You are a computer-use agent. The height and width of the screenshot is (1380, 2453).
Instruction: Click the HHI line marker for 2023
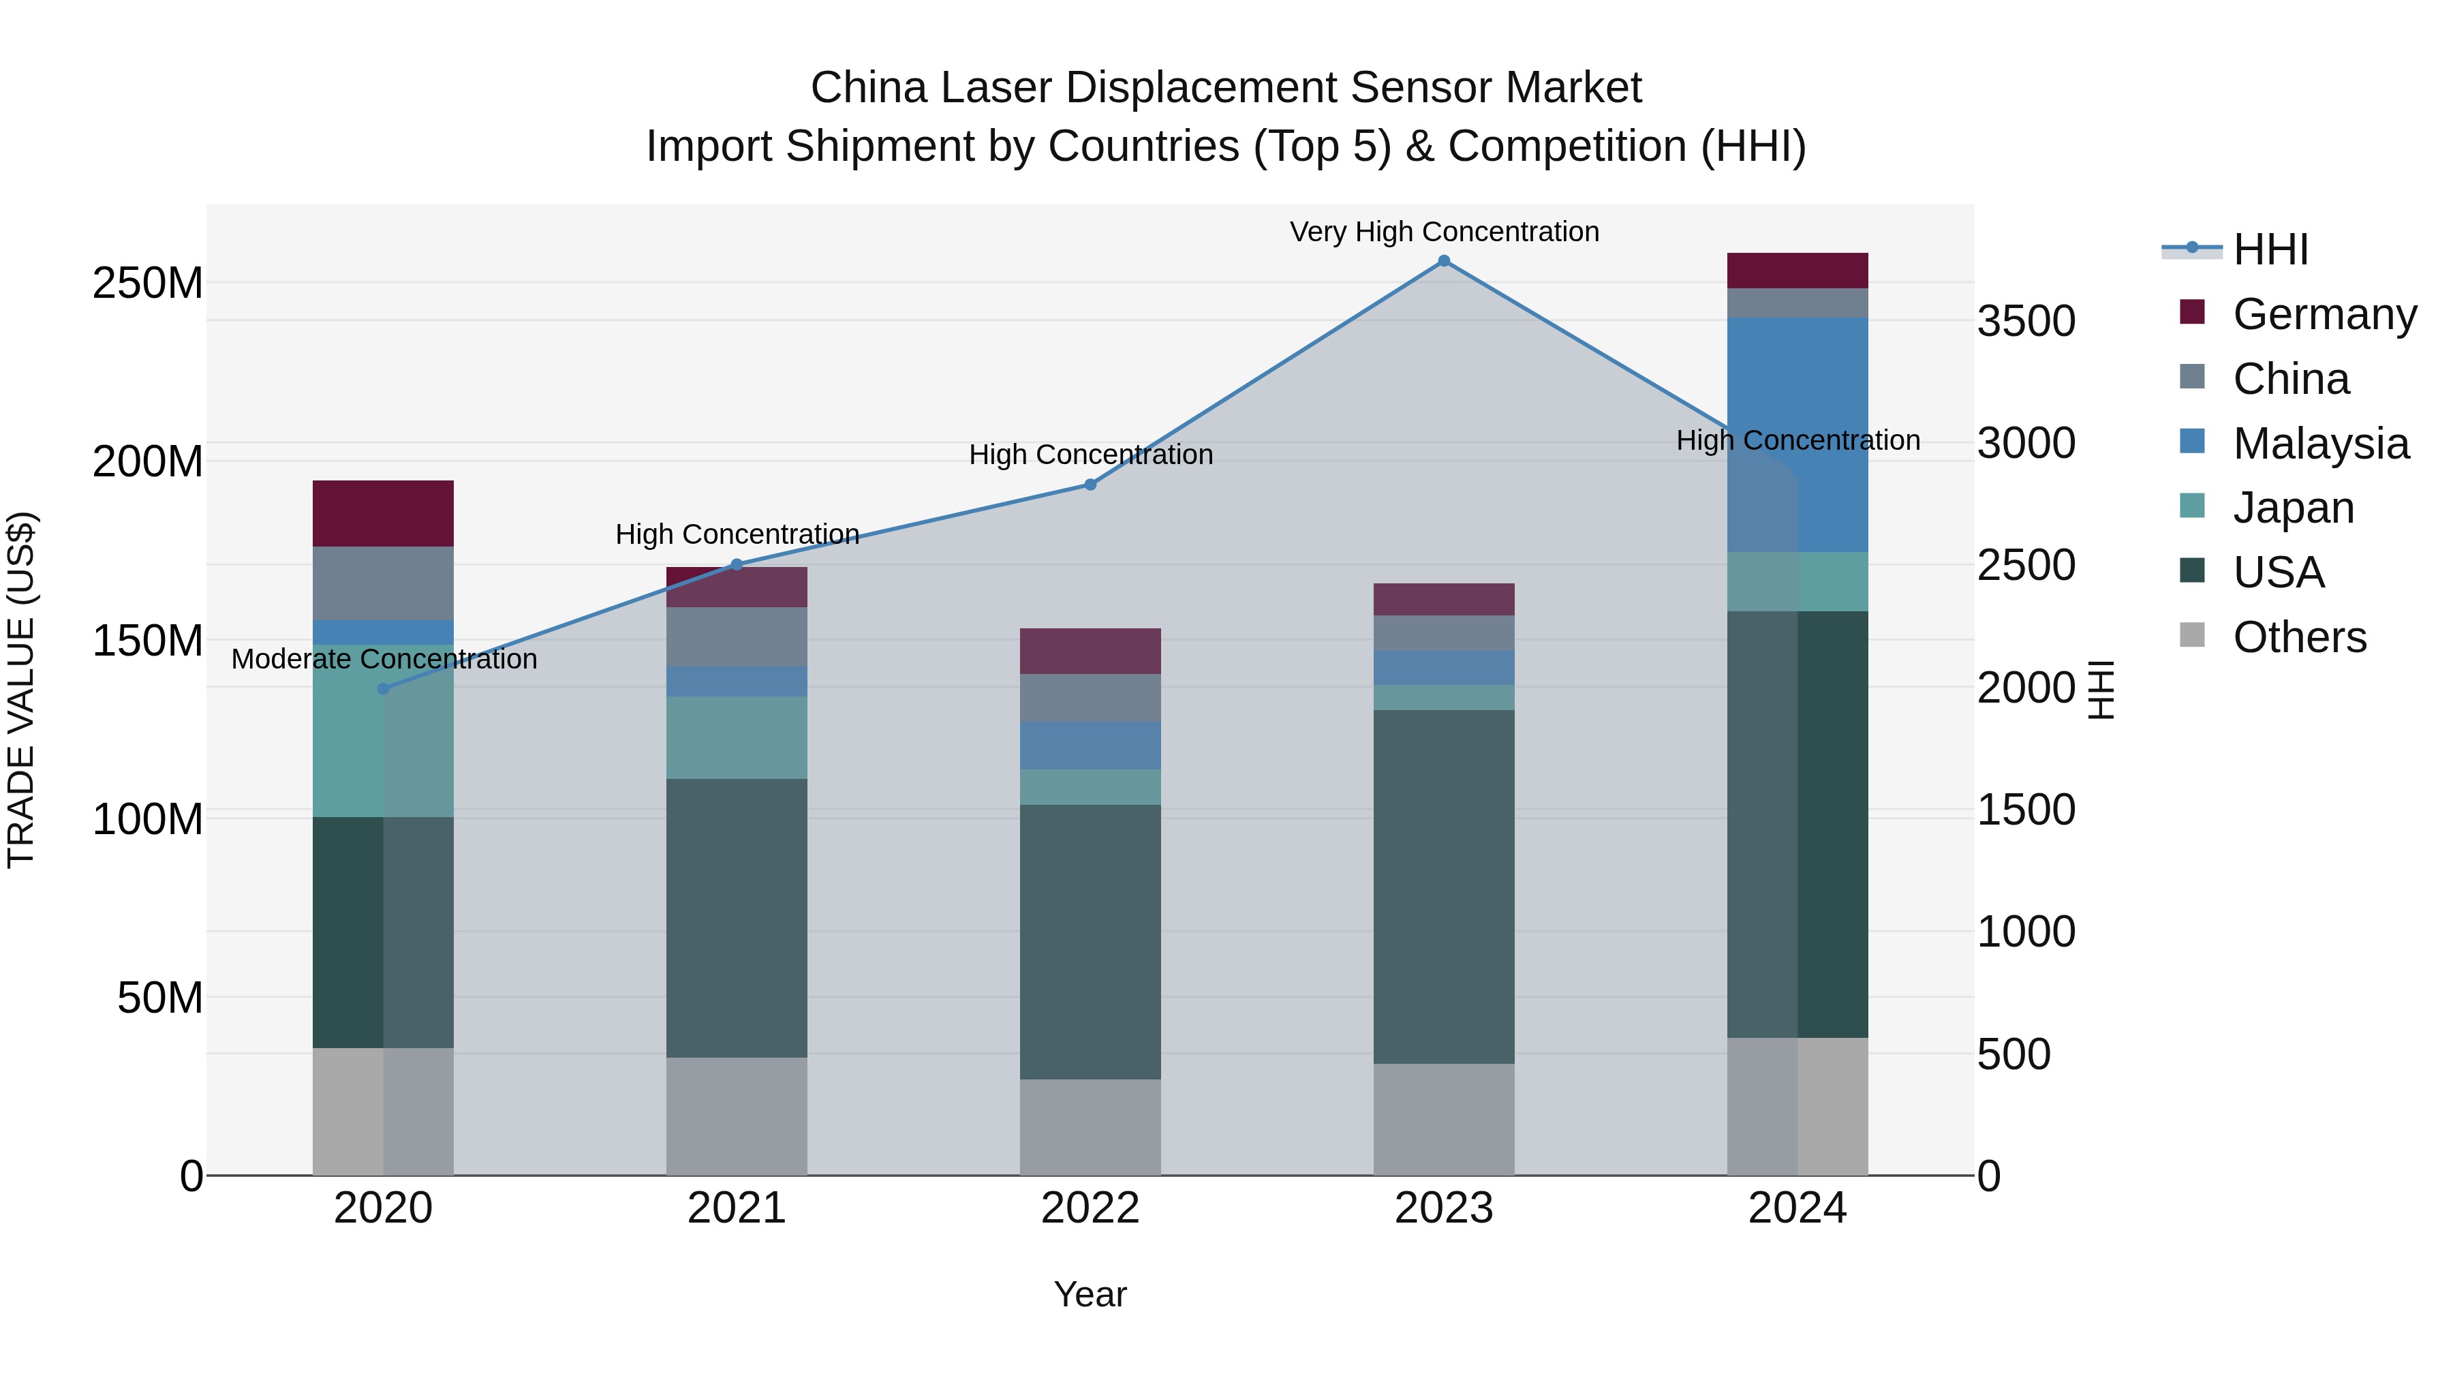(1444, 261)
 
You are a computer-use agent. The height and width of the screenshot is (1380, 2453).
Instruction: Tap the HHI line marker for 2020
(383, 688)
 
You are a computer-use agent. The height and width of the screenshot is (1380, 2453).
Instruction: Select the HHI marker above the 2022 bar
(1090, 485)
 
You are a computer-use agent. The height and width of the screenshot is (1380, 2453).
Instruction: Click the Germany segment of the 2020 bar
(383, 513)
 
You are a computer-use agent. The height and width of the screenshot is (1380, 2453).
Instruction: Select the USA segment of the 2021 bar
(736, 918)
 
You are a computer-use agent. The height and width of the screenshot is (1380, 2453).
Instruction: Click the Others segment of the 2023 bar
(1444, 1119)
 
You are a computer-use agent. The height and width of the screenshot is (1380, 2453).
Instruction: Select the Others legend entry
(2299, 637)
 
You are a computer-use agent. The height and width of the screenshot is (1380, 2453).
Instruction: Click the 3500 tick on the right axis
(2026, 321)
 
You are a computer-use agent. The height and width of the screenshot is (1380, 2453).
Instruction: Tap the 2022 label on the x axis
(1090, 1208)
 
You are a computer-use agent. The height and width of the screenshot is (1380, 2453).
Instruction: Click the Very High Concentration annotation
(1444, 232)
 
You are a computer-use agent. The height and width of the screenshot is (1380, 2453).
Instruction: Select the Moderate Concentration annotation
(384, 659)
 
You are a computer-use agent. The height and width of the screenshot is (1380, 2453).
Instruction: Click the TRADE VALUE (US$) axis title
(21, 690)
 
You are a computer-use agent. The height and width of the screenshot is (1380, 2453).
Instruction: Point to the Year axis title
(1090, 1294)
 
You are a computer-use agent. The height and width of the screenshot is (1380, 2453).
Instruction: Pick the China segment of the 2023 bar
(1444, 633)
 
